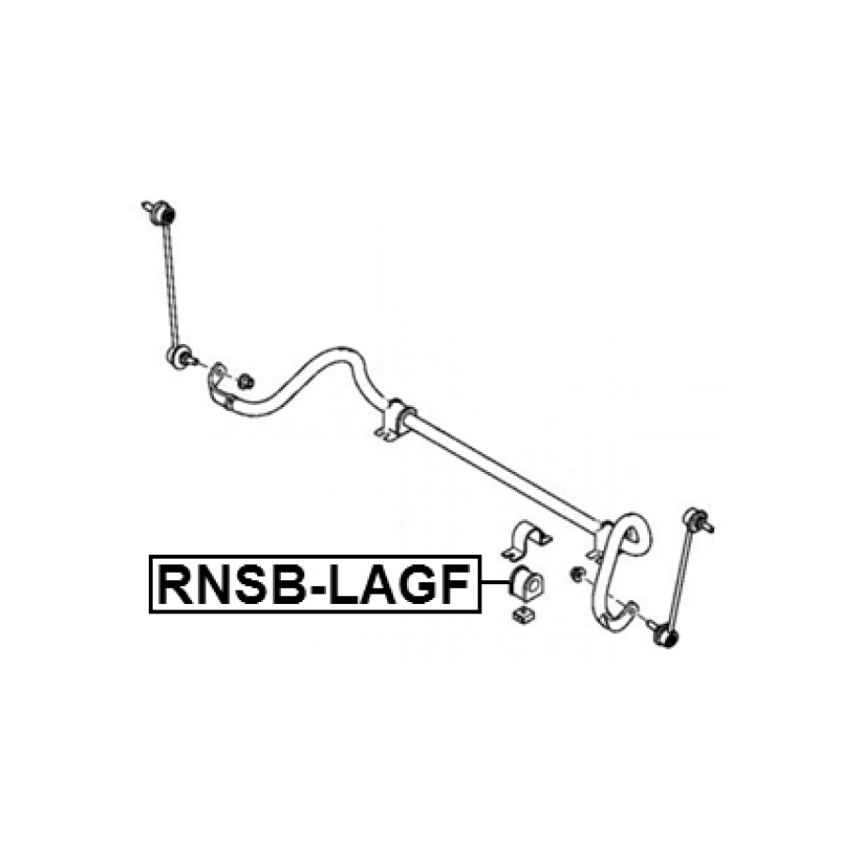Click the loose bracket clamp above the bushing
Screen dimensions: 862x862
[529, 541]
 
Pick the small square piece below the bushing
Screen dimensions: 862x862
[522, 615]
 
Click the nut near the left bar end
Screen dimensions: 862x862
[245, 381]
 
